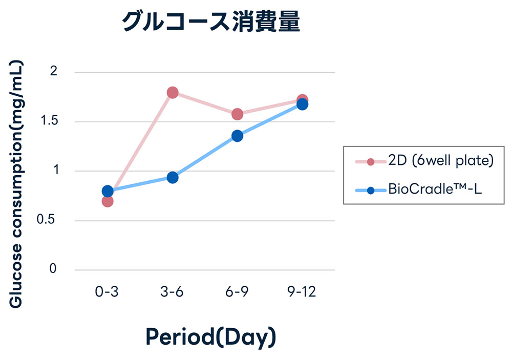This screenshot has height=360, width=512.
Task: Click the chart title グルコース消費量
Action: coord(210,23)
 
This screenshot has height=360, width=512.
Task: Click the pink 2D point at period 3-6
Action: coord(173,93)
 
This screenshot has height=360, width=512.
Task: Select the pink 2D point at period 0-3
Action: coord(108,201)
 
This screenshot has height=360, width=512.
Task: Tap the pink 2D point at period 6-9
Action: coord(237,114)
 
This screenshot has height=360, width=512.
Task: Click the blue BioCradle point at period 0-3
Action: coord(108,191)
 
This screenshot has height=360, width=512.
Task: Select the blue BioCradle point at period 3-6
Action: coord(173,178)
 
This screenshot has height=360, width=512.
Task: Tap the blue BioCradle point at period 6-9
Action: coord(237,136)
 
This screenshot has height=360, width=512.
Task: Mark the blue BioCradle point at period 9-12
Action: coord(302,104)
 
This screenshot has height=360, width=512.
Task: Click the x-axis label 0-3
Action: coord(107,292)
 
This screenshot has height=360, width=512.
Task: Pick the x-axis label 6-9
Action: coord(237,292)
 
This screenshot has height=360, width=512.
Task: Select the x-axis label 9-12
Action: coord(302,292)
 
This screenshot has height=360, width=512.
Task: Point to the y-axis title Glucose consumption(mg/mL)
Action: coord(17,185)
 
